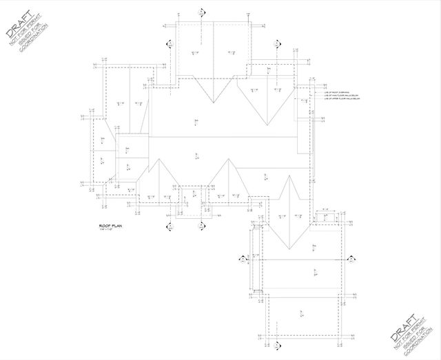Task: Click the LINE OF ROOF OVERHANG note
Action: click(338, 89)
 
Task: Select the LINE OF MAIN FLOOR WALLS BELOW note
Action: click(342, 94)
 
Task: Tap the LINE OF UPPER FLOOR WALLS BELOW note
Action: click(342, 98)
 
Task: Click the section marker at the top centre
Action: click(201, 12)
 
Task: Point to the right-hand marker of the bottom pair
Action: click(201, 224)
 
